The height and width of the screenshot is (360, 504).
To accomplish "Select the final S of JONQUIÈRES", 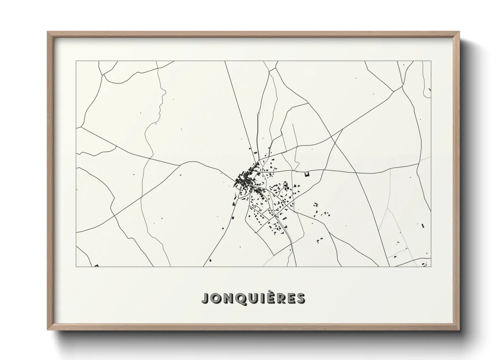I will [x=300, y=298].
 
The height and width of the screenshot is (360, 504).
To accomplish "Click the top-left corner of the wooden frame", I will [x=48, y=32].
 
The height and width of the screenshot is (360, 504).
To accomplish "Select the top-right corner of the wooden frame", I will [x=459, y=32].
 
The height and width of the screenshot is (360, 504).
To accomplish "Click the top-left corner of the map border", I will [x=76, y=61].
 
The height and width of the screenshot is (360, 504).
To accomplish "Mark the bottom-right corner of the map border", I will [x=431, y=267].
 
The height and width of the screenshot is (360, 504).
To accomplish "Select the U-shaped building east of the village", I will [x=307, y=174].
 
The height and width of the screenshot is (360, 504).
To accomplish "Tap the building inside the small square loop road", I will [x=286, y=185].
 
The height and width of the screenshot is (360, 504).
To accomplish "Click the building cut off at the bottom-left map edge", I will [x=96, y=266].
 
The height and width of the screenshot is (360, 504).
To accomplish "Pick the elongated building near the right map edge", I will [x=423, y=226].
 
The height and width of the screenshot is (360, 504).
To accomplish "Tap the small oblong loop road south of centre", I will [x=256, y=207].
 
